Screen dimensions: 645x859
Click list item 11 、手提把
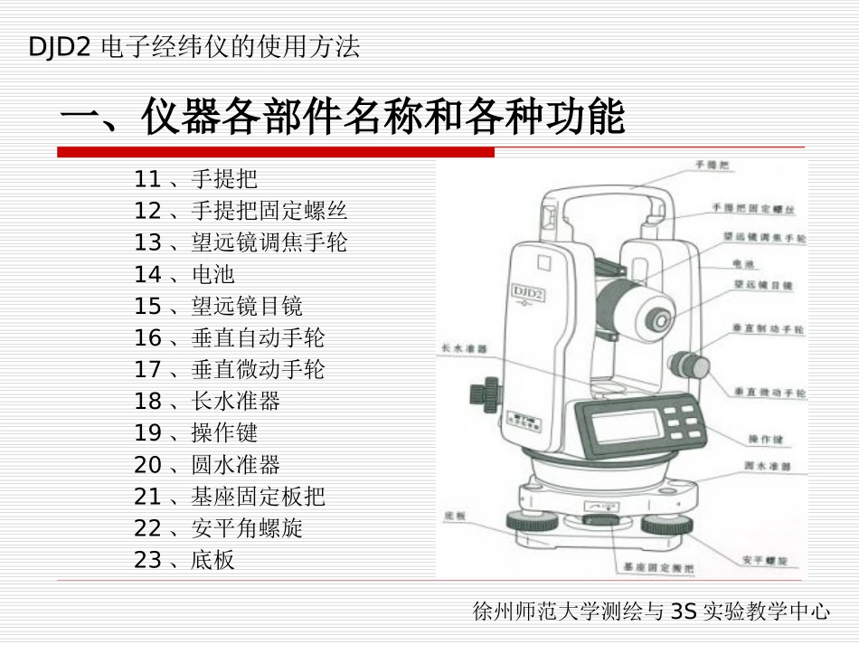point(195,179)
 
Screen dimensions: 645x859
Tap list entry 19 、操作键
point(195,433)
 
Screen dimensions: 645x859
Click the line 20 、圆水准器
point(207,465)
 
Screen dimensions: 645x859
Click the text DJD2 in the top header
point(60,47)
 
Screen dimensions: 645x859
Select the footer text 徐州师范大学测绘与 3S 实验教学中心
point(651,612)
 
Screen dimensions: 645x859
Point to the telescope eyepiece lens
point(661,321)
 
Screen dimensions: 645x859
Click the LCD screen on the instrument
point(623,424)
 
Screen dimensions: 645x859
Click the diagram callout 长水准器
point(464,348)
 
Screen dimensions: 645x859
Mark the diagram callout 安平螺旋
point(764,560)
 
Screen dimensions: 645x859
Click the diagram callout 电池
point(743,264)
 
